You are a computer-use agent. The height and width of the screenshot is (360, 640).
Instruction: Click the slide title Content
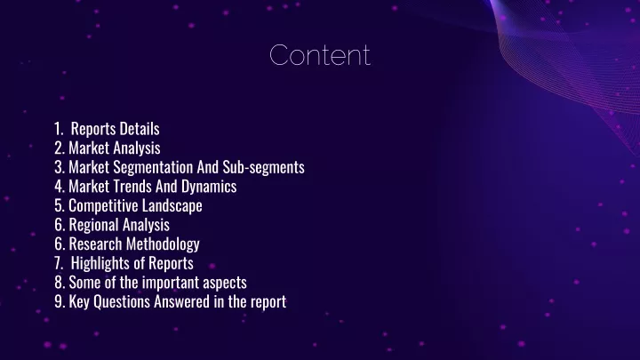(x=320, y=55)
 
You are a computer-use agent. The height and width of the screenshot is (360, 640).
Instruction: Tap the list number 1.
(x=59, y=129)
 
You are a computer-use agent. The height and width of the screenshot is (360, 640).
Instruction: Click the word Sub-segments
(x=263, y=167)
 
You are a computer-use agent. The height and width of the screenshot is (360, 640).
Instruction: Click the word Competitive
(x=107, y=205)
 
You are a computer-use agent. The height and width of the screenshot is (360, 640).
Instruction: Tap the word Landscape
(x=175, y=205)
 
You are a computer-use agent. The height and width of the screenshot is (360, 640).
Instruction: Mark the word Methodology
(x=163, y=244)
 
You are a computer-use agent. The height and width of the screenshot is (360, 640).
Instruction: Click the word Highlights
(x=100, y=263)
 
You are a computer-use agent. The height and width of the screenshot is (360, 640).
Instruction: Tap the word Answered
(x=181, y=301)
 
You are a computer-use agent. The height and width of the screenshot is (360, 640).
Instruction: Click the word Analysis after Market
(x=137, y=148)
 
